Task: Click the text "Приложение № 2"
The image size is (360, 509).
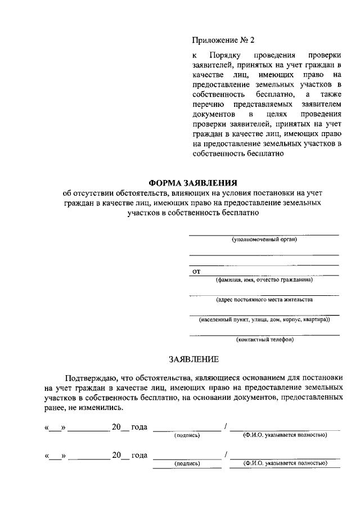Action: [223, 40]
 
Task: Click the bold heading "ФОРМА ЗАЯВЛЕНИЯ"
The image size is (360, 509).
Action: [193, 183]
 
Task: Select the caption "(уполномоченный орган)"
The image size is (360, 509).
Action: [264, 239]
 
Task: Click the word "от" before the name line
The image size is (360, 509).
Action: [197, 272]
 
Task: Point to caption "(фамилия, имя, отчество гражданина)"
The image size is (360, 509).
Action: [264, 280]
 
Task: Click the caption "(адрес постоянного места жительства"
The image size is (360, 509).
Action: [264, 299]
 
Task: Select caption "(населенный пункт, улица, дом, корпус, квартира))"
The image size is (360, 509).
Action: [264, 319]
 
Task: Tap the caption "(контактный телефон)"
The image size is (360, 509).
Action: [264, 339]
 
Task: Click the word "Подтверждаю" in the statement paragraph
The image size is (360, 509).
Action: [92, 377]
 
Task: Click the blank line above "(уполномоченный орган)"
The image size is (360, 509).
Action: [263, 234]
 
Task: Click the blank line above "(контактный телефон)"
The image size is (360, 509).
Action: [264, 335]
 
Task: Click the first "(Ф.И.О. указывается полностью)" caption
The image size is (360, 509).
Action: [285, 435]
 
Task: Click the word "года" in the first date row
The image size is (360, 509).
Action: [138, 427]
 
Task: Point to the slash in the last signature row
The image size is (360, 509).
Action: [225, 455]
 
